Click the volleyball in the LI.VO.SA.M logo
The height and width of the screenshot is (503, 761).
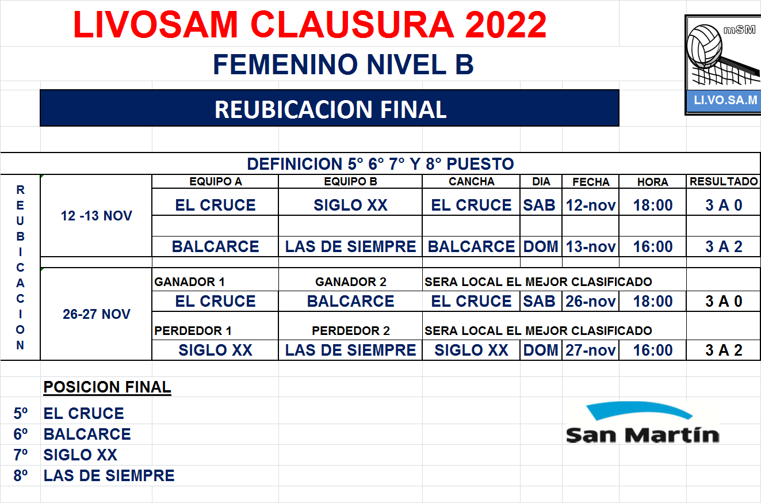coord(704,46)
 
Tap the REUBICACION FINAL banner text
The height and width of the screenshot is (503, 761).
coord(330,109)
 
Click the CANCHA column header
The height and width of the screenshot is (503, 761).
coord(471,181)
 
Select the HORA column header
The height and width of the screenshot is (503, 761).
coord(653,182)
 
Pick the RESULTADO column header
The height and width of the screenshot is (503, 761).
coord(724,181)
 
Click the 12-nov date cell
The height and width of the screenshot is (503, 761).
coord(591,205)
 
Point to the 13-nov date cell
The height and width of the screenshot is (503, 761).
coord(591,247)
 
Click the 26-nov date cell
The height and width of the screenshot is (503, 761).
coord(591,302)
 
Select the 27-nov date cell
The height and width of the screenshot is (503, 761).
coord(591,350)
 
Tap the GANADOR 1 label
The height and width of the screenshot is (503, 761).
coord(189,282)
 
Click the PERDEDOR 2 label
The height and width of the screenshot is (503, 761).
coord(351,331)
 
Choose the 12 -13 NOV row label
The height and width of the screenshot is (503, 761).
coord(96,216)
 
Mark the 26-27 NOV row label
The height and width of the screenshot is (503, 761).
coord(97,314)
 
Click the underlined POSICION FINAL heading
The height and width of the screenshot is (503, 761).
coord(107,387)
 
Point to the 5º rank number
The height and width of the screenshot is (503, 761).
coord(20,414)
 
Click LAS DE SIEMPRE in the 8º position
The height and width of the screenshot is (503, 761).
coord(109,475)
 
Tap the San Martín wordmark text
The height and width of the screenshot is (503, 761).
coord(643,435)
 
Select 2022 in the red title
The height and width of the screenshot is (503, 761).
coord(506,25)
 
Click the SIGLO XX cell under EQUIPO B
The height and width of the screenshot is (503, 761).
coord(350,205)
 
